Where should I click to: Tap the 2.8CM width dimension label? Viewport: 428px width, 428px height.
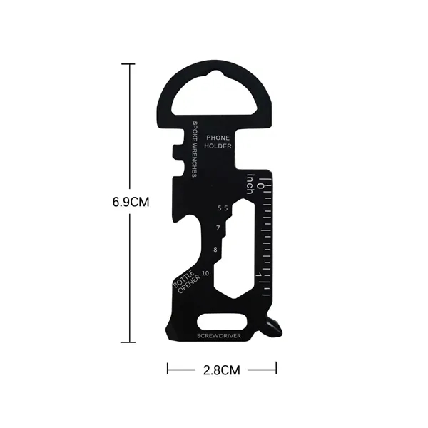pyautogui.click(x=220, y=370)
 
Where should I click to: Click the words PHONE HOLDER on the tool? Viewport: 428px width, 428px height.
pyautogui.click(x=218, y=141)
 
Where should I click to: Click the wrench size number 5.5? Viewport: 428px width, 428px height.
pyautogui.click(x=223, y=208)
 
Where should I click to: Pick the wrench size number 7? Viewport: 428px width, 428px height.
pyautogui.click(x=218, y=228)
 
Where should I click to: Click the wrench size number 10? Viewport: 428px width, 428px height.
pyautogui.click(x=206, y=272)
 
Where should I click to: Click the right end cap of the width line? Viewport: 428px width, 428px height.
pyautogui.click(x=275, y=369)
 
